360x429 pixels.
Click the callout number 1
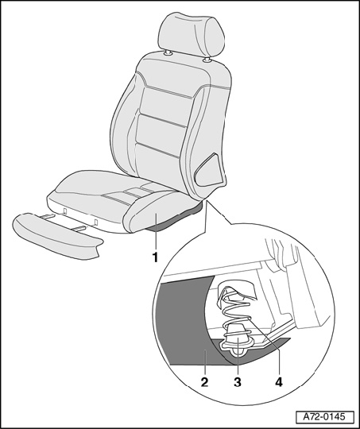(155, 257)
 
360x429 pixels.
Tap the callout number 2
(204, 382)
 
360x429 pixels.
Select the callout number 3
(238, 382)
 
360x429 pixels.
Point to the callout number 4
(279, 382)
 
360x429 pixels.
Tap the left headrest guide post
(168, 53)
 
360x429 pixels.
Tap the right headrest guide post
(207, 60)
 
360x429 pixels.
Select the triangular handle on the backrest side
(210, 171)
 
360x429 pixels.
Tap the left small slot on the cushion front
(65, 211)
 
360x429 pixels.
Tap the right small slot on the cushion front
(96, 222)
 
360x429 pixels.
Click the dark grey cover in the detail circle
(185, 322)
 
